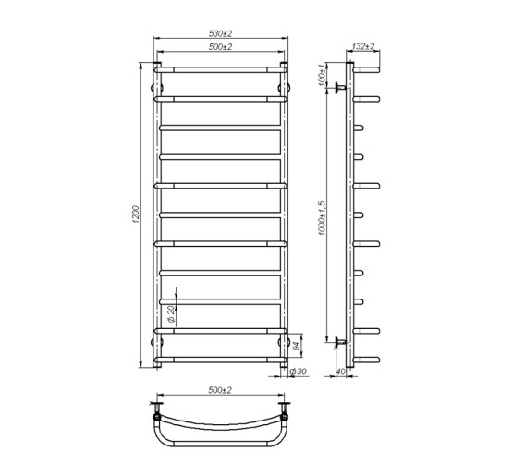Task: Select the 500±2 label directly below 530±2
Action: (x=220, y=47)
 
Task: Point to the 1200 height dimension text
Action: (x=137, y=215)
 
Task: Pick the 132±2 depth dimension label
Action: (x=363, y=47)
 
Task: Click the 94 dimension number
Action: (x=295, y=348)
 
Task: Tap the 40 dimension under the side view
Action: (x=340, y=372)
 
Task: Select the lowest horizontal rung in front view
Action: (x=220, y=360)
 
